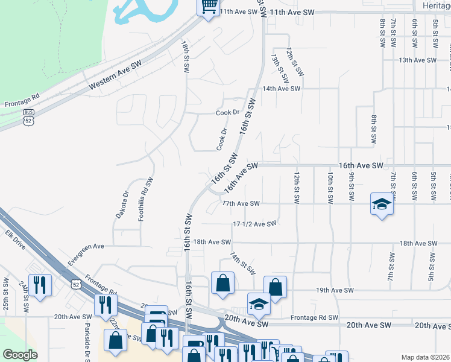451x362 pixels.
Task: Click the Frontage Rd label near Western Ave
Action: (22, 100)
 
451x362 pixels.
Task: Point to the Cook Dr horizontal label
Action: (228, 113)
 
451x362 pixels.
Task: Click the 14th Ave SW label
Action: (281, 89)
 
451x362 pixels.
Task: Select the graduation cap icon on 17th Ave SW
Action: (382, 205)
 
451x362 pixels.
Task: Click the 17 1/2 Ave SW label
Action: (254, 224)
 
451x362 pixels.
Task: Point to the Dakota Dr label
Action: (122, 205)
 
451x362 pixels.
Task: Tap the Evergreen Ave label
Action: (86, 246)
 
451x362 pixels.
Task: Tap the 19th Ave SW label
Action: (335, 290)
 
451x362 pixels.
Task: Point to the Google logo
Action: (20, 354)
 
